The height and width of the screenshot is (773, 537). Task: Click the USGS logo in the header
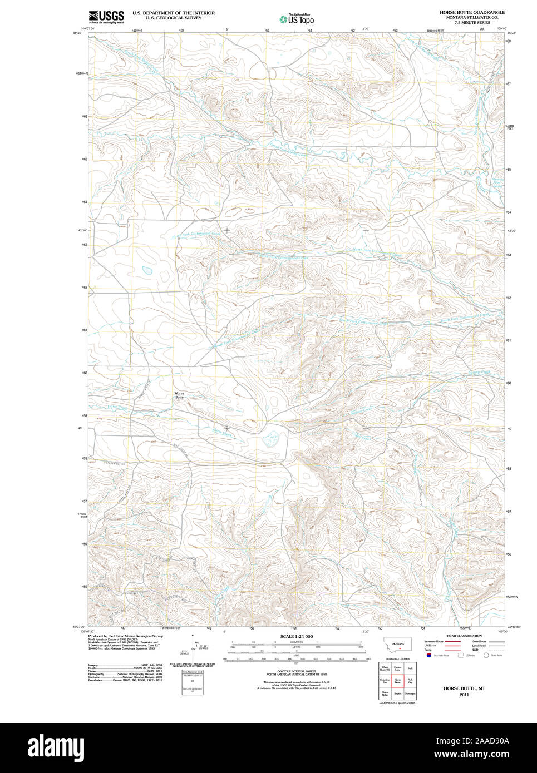tap(106, 16)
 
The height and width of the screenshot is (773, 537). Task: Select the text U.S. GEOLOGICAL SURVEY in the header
tap(173, 18)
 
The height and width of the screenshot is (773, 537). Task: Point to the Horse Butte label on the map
tap(179, 395)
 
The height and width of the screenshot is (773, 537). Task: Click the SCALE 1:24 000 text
tap(296, 636)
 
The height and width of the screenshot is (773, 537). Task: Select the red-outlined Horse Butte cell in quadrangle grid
tap(397, 680)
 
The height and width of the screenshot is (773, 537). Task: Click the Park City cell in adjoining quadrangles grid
tap(410, 680)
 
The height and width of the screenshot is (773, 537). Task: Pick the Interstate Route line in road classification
tap(453, 641)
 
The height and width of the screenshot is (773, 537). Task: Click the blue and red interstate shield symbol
tap(428, 655)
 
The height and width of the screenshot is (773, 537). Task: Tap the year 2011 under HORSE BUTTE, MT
tap(464, 695)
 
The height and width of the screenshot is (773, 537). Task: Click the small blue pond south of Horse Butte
tap(271, 440)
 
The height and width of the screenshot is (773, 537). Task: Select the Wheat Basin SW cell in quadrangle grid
tap(385, 668)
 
